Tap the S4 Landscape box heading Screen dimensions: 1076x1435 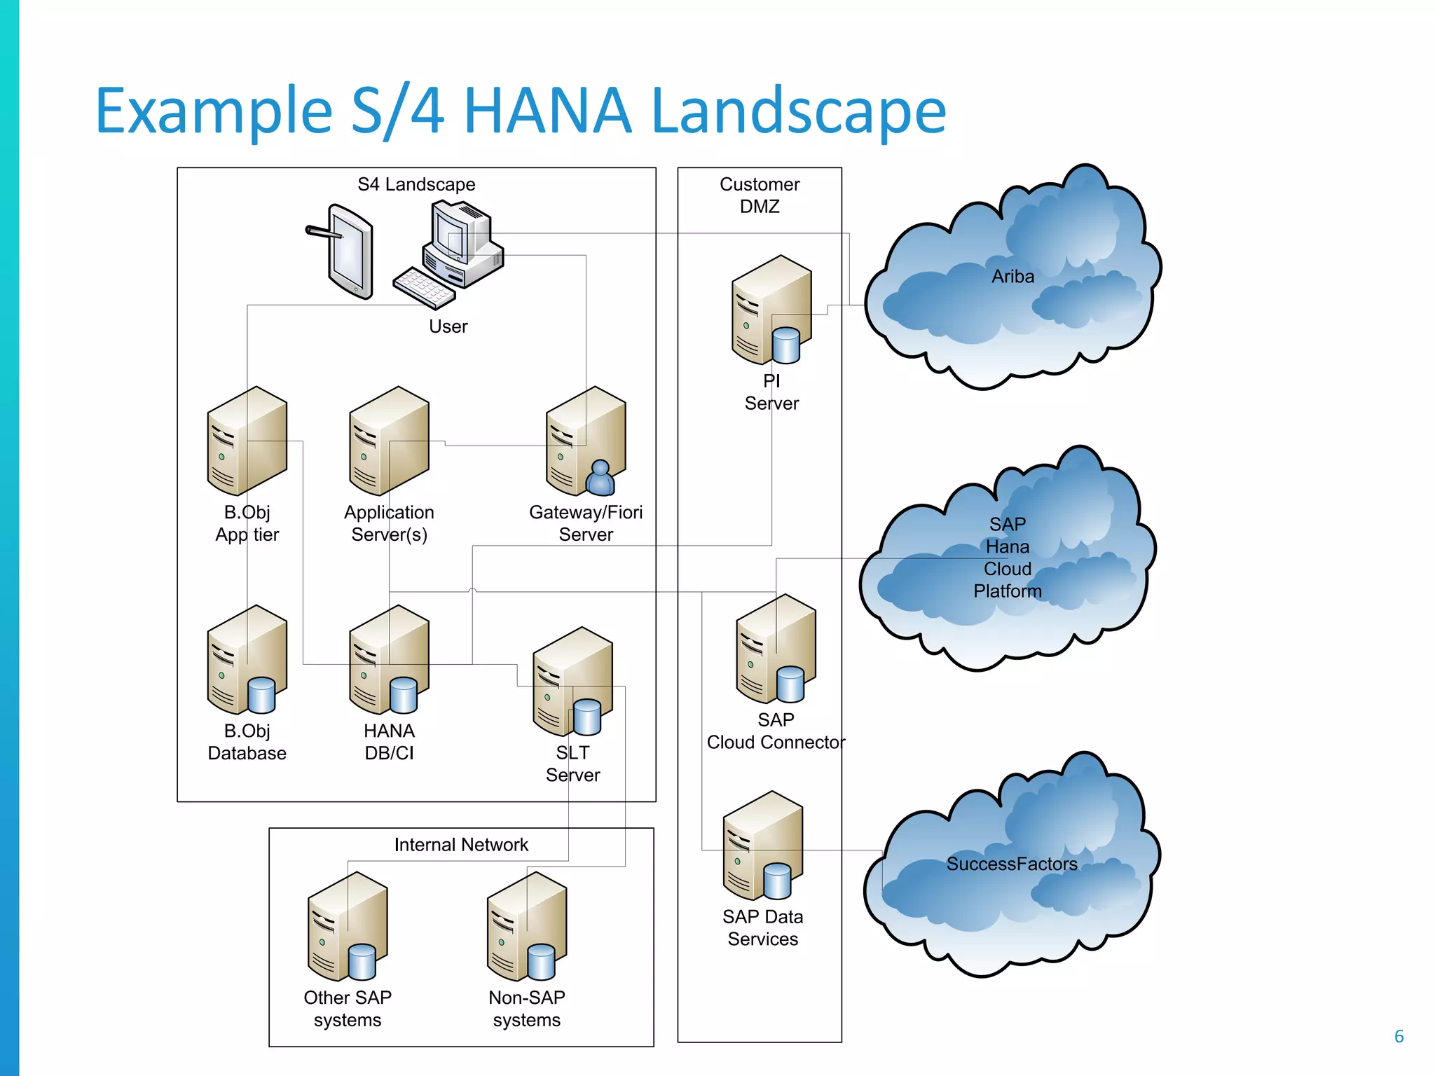pyautogui.click(x=416, y=184)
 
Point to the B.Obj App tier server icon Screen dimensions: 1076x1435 pyautogui.click(x=247, y=441)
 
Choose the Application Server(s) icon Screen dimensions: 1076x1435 pyautogui.click(x=389, y=441)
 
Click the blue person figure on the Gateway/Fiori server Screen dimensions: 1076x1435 pyautogui.click(x=600, y=478)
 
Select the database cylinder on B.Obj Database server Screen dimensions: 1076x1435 pyautogui.click(x=261, y=695)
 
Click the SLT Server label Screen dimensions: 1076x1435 pyautogui.click(x=572, y=764)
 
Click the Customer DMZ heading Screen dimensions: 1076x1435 pyautogui.click(x=760, y=195)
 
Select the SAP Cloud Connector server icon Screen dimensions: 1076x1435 pyautogui.click(x=775, y=649)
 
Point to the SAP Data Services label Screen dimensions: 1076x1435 pyautogui.click(x=762, y=927)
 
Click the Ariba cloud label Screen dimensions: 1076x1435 pyautogui.click(x=1012, y=277)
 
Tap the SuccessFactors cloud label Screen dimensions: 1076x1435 pyautogui.click(x=1012, y=864)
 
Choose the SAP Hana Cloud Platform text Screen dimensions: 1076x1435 pyautogui.click(x=1008, y=558)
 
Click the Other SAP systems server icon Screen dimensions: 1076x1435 pyautogui.click(x=348, y=926)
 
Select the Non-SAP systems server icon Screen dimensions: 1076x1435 pyautogui.click(x=527, y=926)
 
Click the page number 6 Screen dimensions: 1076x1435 pyautogui.click(x=1399, y=1036)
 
